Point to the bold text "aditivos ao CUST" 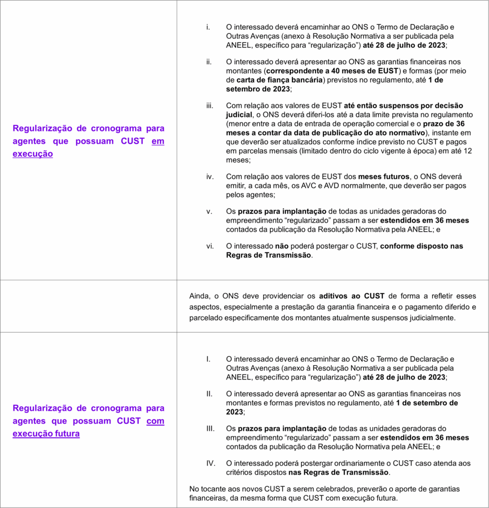click(349, 296)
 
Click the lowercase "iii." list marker click(210, 106)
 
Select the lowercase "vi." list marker click(210, 246)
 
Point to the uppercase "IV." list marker click(210, 463)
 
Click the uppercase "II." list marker click(210, 393)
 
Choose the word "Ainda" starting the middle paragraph click(199, 296)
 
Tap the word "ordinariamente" click(328, 463)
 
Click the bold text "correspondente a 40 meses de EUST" click(329, 71)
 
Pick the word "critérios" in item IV click(239, 472)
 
